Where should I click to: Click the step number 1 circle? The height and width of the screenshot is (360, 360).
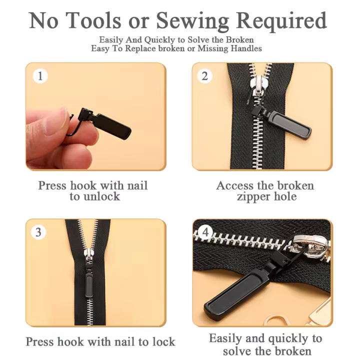pyautogui.click(x=40, y=76)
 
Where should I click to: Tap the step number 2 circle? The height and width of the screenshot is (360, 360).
pyautogui.click(x=204, y=76)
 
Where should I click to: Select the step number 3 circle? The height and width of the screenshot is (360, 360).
pyautogui.click(x=38, y=232)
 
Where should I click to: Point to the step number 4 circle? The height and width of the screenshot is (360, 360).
pyautogui.click(x=205, y=232)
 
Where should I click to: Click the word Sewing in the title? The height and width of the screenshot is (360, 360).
pyautogui.click(x=192, y=21)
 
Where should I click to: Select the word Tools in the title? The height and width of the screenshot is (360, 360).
pyautogui.click(x=93, y=20)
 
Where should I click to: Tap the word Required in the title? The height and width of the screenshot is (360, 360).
pyautogui.click(x=281, y=21)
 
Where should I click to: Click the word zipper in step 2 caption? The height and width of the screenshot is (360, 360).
pyautogui.click(x=254, y=197)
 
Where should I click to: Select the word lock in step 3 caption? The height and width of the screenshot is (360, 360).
pyautogui.click(x=163, y=341)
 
